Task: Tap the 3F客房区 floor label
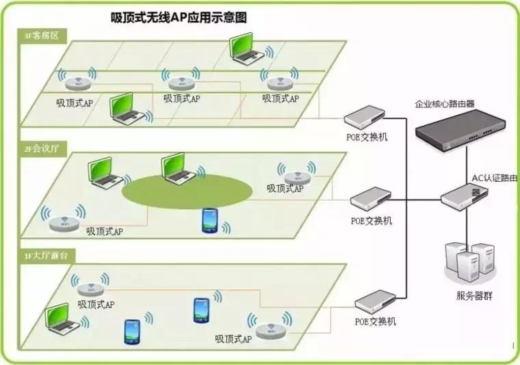click(42, 35)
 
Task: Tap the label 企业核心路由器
click(445, 104)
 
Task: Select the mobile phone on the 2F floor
click(210, 221)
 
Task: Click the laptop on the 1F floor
click(63, 320)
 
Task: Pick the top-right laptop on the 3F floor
click(246, 49)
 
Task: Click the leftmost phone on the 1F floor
click(131, 332)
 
